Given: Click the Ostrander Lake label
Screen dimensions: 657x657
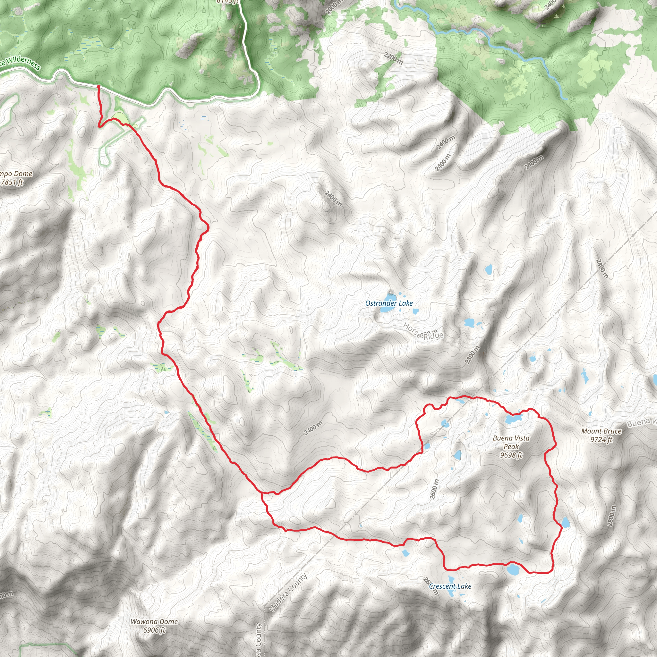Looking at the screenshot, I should [389, 303].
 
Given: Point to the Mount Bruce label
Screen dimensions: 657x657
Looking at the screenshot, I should [601, 431].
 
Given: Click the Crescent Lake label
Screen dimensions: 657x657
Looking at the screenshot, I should [450, 586].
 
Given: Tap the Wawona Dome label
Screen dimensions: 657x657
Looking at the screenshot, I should [154, 622].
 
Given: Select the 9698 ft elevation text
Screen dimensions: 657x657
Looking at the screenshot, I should [511, 455].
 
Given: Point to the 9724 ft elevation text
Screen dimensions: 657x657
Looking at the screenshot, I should [601, 439].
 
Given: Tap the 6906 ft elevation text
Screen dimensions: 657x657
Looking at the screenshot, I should [154, 630].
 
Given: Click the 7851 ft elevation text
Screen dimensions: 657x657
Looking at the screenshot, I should [12, 182].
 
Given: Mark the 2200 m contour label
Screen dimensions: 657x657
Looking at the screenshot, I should [393, 58].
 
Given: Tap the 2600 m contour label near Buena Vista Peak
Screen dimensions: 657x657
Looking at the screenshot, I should [434, 489].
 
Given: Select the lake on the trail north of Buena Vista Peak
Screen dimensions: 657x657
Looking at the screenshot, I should [513, 419].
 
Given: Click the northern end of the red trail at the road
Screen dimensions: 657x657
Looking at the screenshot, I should [98, 87].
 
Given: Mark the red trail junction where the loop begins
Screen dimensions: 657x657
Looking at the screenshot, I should [262, 492].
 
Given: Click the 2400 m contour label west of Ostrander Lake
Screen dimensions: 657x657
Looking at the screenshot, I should [333, 199].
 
